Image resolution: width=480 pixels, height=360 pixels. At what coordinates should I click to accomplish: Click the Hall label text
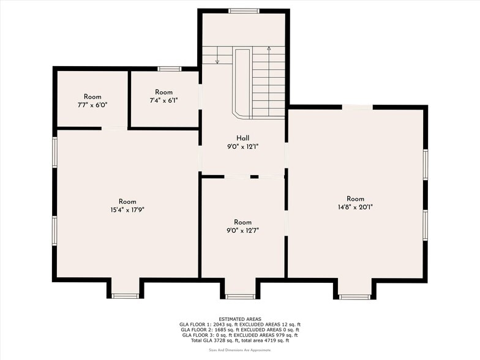(242, 138)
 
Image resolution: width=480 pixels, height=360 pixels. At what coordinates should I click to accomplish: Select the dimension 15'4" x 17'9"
(127, 209)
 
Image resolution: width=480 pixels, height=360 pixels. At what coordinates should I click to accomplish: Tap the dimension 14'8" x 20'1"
(355, 206)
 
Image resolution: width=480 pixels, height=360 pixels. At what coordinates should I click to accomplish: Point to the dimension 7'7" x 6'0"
(92, 105)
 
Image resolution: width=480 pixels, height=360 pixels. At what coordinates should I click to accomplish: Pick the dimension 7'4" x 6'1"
(164, 100)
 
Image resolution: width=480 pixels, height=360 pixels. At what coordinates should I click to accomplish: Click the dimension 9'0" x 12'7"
(242, 230)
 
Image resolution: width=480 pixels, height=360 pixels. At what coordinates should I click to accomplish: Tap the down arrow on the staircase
(218, 60)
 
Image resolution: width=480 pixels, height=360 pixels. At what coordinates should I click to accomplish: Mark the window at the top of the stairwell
(244, 10)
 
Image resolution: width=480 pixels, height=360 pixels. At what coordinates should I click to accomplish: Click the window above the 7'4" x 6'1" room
(169, 69)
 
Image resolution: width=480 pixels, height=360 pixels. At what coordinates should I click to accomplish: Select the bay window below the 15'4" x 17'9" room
(126, 296)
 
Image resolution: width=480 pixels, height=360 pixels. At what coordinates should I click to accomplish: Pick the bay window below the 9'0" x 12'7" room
(240, 296)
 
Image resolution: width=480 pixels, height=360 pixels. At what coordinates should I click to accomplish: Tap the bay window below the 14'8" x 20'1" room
(354, 297)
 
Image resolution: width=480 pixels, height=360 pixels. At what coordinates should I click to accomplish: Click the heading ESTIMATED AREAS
(240, 319)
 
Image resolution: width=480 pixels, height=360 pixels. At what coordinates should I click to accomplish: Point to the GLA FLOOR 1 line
(240, 324)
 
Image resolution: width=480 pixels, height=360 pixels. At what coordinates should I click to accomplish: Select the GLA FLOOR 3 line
(240, 335)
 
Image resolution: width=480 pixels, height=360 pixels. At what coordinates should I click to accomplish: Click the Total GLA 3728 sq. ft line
(240, 340)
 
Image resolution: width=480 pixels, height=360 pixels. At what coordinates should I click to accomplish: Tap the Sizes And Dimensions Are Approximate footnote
(240, 350)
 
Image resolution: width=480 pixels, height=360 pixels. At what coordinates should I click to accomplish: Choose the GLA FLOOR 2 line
(240, 329)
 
